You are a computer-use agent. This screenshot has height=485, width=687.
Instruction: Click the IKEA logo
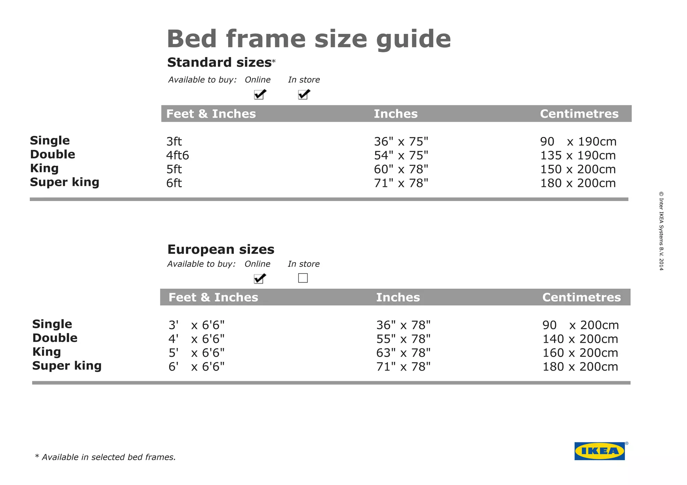pos(599,451)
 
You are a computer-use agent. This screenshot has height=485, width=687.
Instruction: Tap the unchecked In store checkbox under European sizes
pos(303,278)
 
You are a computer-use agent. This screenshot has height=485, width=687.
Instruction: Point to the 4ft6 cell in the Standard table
pos(177,155)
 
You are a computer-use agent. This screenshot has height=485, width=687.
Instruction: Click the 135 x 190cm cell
pos(578,155)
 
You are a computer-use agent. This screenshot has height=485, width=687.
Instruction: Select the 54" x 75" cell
pos(401,155)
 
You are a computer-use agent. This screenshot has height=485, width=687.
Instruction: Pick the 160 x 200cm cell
pos(580,353)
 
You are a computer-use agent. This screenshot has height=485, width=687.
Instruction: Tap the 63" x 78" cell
pos(403,353)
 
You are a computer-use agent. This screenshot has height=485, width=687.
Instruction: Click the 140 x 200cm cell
pos(580,339)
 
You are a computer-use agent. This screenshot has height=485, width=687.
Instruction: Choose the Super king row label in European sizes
pos(67,366)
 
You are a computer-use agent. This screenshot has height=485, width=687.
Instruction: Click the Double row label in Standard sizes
pos(53,154)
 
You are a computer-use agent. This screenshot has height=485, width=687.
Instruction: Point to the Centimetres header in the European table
pos(581,297)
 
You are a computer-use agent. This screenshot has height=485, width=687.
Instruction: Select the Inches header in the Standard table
pos(396,114)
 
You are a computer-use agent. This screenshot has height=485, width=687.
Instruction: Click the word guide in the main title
pos(413,40)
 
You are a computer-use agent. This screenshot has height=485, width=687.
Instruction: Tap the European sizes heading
pos(221,249)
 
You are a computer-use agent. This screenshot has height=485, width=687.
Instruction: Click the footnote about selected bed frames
pos(105,457)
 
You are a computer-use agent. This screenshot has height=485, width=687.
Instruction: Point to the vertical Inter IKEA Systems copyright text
pos(661,231)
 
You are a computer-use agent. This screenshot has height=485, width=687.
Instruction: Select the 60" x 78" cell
pos(401,169)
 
